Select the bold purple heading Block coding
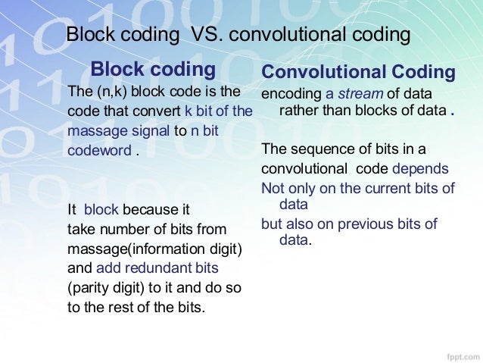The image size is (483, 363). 153,70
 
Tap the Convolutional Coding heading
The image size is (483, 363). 358,73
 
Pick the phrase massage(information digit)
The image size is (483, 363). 154,248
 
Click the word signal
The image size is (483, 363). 150,130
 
